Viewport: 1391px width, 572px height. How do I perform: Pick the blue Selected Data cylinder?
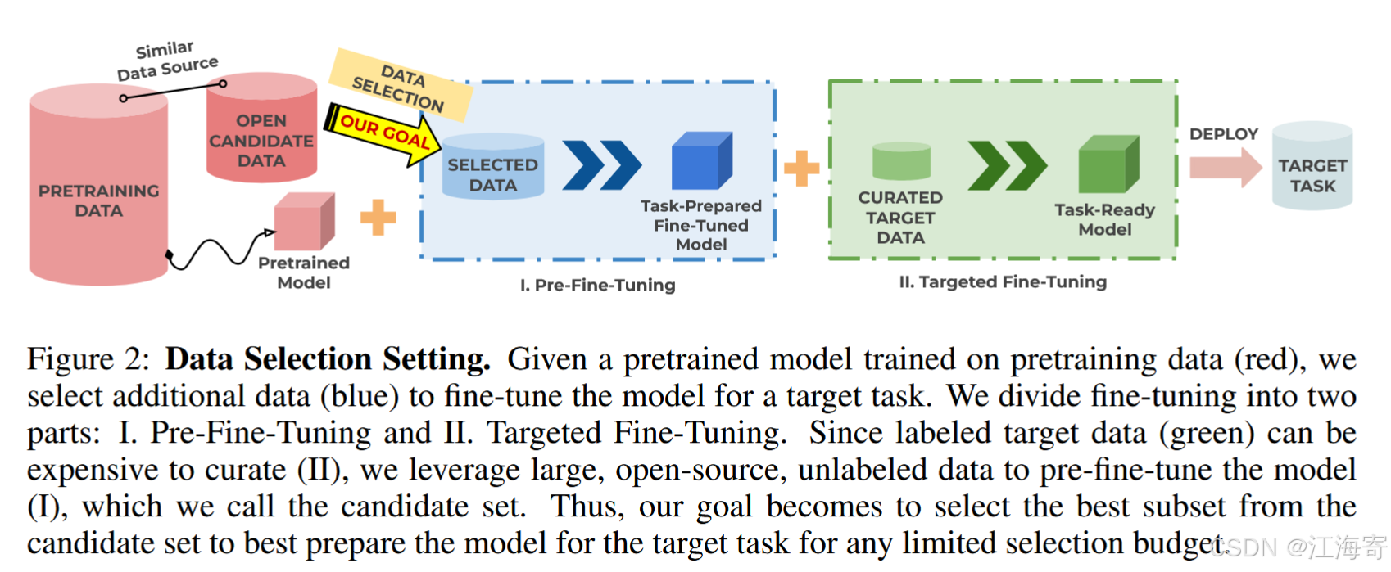pyautogui.click(x=492, y=169)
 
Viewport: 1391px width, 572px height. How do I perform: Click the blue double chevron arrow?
pyautogui.click(x=602, y=164)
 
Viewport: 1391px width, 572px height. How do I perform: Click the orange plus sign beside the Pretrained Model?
pyautogui.click(x=378, y=217)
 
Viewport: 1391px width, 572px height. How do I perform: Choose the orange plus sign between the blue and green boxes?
pyautogui.click(x=801, y=169)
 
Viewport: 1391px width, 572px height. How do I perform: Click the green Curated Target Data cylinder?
pyautogui.click(x=901, y=161)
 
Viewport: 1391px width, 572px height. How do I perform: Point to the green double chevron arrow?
pyautogui.click(x=1007, y=165)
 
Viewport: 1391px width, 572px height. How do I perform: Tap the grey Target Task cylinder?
pyautogui.click(x=1312, y=166)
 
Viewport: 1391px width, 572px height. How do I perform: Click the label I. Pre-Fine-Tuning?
pyautogui.click(x=597, y=285)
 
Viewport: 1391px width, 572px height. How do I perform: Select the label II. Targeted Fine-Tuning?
pyautogui.click(x=1002, y=281)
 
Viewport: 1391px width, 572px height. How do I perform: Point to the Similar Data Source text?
pyautogui.click(x=167, y=61)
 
